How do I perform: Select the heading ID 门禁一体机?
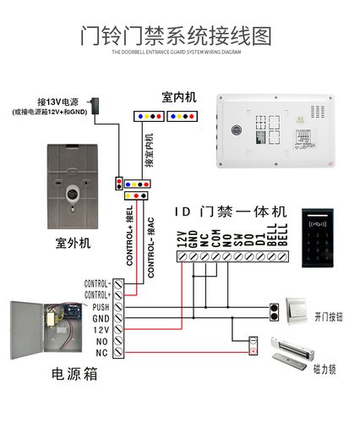pos(231,211)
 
